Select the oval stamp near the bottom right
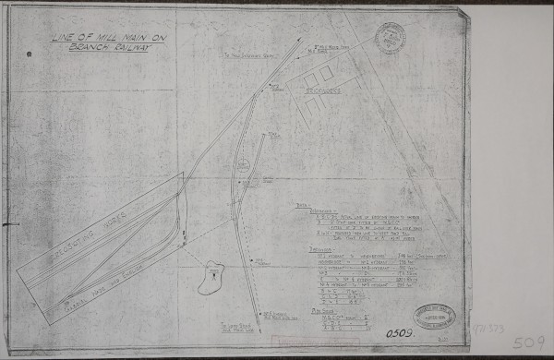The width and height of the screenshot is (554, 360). [434, 316]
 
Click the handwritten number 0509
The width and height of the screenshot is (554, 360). [400, 333]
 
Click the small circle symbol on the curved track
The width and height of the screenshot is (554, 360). [243, 166]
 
